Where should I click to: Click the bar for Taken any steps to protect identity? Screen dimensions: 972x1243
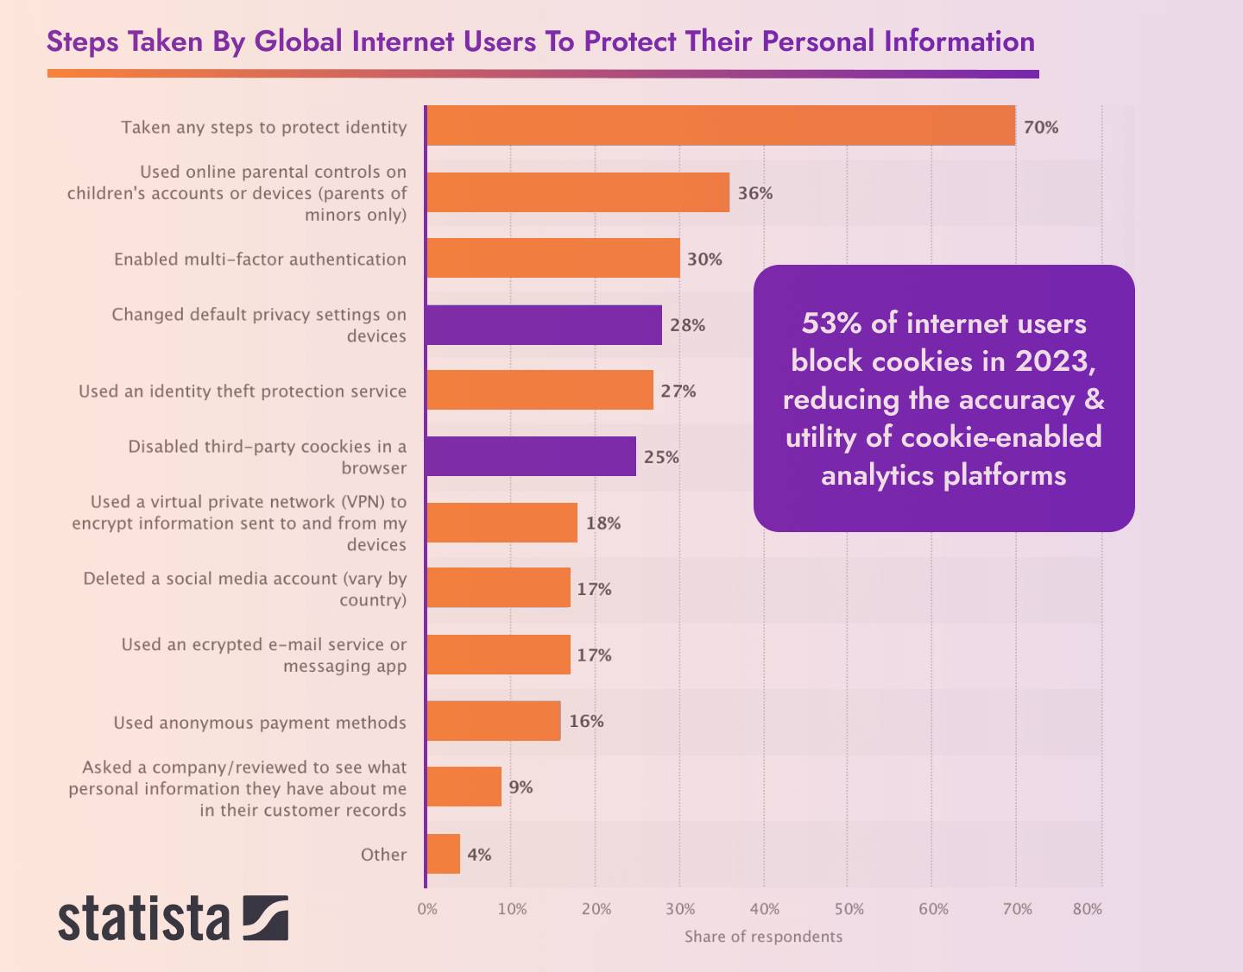[x=721, y=126]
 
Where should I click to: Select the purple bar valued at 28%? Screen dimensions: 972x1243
[x=544, y=325]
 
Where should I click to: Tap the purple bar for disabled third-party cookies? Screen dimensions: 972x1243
[x=531, y=456]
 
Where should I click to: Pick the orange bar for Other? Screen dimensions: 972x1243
[x=444, y=854]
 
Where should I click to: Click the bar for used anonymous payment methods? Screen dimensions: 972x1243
[x=494, y=721]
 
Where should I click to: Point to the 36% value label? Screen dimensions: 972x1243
[x=754, y=193]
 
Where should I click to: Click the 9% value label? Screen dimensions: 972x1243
[x=521, y=787]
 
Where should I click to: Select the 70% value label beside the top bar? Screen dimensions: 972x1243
[x=1041, y=128]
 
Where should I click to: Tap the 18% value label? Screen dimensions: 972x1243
[x=603, y=524]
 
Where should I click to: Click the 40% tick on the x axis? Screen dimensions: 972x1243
[x=765, y=909]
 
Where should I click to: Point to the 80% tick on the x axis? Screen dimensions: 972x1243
[x=1088, y=909]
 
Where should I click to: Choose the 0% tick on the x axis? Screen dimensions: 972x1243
[x=427, y=909]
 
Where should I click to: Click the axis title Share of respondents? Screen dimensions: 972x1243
[x=763, y=937]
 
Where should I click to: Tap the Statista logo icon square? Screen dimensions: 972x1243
[x=265, y=918]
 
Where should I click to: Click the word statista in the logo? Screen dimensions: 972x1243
[x=144, y=919]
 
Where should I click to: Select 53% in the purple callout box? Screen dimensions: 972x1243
[x=831, y=323]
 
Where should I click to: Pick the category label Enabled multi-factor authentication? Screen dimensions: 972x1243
[x=260, y=260]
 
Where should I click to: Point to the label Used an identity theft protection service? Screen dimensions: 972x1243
[x=243, y=392]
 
